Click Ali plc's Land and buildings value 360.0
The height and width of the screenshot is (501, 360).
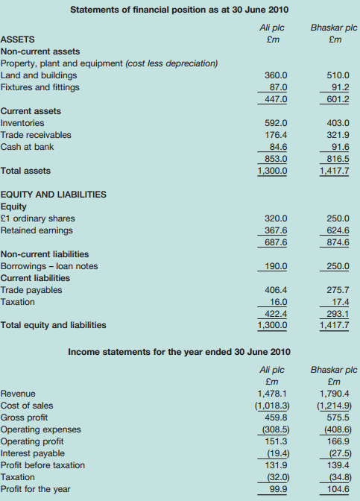pyautogui.click(x=277, y=75)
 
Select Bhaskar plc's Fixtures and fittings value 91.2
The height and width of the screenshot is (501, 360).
pyautogui.click(x=338, y=87)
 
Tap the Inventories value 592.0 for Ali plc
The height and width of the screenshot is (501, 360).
pyautogui.click(x=277, y=123)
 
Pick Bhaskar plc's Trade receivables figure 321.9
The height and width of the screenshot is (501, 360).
pyautogui.click(x=338, y=135)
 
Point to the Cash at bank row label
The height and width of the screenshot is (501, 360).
pyautogui.click(x=27, y=147)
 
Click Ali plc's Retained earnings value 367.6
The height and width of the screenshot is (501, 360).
pyautogui.click(x=277, y=230)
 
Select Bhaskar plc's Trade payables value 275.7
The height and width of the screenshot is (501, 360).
pyautogui.click(x=338, y=290)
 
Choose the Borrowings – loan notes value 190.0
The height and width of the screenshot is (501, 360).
pyautogui.click(x=277, y=266)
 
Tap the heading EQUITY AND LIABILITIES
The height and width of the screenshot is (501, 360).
pyautogui.click(x=54, y=195)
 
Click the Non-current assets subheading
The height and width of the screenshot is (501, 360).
pyautogui.click(x=41, y=51)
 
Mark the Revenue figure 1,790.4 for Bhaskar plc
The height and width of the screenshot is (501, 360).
pyautogui.click(x=335, y=394)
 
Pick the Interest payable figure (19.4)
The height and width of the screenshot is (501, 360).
pyautogui.click(x=275, y=453)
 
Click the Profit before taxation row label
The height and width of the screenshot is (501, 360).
pyautogui.click(x=42, y=465)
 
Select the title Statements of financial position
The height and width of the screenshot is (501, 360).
pyautogui.click(x=179, y=9)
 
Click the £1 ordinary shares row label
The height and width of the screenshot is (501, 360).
pyautogui.click(x=38, y=218)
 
